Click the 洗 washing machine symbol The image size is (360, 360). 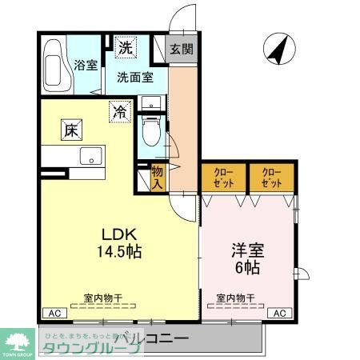pos(126,47)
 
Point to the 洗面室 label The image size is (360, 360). pos(133,78)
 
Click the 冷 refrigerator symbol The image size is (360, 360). pos(119,111)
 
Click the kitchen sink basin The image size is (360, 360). pos(91,155)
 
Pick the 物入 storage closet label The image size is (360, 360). pos(158,178)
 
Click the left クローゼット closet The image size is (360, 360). pos(223,177)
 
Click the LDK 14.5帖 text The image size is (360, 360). pos(122,242)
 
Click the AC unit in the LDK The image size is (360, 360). pos(53,313)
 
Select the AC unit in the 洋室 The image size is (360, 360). pos(280,313)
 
